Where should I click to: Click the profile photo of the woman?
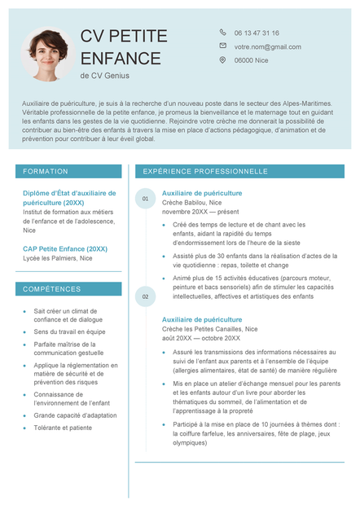pos(46,55)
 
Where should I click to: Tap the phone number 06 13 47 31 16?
pos(256,33)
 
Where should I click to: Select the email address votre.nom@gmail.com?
pos(267,46)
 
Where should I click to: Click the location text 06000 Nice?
pos(251,60)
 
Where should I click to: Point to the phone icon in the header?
pos(222,33)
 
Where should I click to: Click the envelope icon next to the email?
pos(222,46)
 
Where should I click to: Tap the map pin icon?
pos(222,59)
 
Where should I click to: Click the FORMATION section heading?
pos(46,172)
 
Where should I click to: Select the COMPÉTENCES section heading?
pos(52,289)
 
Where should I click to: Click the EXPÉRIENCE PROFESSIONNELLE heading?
pos(205,172)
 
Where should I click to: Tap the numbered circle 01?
pos(145,199)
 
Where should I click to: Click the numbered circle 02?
pos(145,296)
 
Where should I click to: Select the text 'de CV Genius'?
pos(104,76)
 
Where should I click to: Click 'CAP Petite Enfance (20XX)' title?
pos(65,248)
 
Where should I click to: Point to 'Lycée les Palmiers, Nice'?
pos(57,258)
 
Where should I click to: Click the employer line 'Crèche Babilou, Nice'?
pos(191,202)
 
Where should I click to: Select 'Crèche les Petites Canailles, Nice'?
pos(209,329)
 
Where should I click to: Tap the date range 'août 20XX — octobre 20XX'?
pos(200,338)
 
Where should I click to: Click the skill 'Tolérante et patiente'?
pos(63,428)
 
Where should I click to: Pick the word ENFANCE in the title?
pos(121,58)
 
